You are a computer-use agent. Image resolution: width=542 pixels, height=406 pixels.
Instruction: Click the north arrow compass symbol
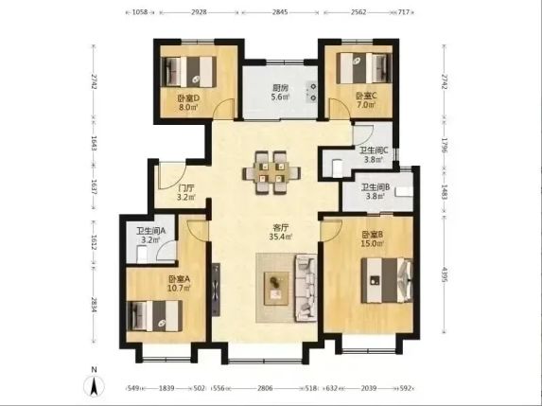tap(94, 386)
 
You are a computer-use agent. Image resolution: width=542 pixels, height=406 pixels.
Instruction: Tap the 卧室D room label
tap(188, 98)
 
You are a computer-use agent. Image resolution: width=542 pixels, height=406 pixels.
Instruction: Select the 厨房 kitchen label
tap(280, 88)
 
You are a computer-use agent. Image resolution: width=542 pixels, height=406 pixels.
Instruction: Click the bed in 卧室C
tap(364, 68)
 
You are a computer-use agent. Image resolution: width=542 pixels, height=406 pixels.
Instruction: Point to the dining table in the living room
tap(271, 172)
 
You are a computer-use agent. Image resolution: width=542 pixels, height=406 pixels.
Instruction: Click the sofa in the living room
tap(306, 288)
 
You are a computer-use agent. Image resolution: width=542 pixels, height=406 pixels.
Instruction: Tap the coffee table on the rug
tap(276, 289)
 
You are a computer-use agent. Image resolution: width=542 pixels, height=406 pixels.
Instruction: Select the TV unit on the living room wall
tap(216, 290)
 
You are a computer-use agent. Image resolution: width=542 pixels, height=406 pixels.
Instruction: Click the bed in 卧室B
tap(387, 280)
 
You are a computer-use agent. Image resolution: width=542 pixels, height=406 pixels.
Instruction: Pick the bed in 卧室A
tap(154, 316)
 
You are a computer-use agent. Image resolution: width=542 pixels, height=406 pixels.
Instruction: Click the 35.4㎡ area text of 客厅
tap(281, 237)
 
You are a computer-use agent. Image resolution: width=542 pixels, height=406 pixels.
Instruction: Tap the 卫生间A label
tap(150, 231)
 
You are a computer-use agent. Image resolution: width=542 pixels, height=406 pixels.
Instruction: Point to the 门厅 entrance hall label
tap(186, 188)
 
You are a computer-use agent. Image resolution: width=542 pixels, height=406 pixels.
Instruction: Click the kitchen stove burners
tap(312, 92)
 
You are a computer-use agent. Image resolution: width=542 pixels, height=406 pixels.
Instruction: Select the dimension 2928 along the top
tap(199, 12)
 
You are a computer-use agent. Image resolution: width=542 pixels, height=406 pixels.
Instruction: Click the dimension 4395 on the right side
tap(445, 274)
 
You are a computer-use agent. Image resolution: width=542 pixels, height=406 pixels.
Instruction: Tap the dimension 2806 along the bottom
tap(265, 388)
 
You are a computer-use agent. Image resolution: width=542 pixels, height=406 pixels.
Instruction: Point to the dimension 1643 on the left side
tap(94, 143)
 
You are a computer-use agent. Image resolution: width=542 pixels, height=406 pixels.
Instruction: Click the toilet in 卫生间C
tap(337, 168)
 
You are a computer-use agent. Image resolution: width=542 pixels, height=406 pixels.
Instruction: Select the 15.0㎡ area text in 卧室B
tap(373, 243)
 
